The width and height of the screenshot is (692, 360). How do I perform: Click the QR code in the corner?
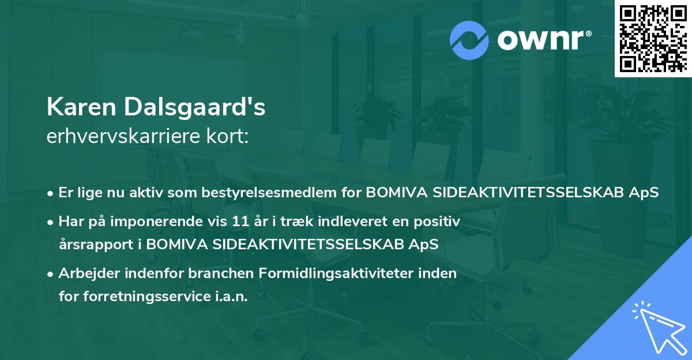tap(653, 39)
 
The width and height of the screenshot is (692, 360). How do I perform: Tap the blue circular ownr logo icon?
tap(469, 40)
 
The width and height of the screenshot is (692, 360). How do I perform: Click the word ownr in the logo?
tap(540, 40)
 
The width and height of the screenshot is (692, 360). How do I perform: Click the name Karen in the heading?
tap(81, 107)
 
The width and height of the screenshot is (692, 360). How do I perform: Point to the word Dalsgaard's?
tap(195, 107)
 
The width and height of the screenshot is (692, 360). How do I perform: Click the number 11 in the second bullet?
tap(240, 222)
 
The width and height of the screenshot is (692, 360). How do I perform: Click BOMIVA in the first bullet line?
tap(397, 193)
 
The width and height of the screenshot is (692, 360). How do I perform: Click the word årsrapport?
tap(96, 245)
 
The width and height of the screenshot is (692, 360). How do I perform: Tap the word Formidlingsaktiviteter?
tap(336, 273)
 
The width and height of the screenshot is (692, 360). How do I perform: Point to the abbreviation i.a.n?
tap(231, 297)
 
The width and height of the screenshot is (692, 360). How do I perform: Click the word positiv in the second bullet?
tap(437, 222)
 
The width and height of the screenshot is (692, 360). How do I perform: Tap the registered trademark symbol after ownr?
tap(588, 33)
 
